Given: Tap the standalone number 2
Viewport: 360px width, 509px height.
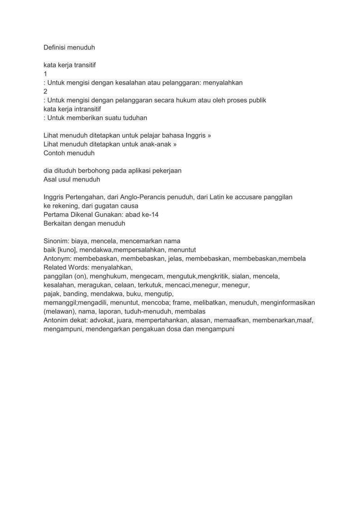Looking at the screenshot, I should (46, 91).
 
